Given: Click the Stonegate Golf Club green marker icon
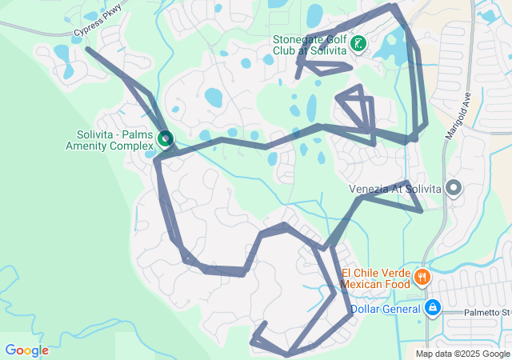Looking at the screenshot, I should coord(359,44).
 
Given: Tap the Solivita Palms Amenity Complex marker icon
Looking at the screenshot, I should coord(166,139).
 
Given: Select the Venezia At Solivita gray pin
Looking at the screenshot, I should coord(454,188).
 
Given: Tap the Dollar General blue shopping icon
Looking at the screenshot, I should coord(432,307).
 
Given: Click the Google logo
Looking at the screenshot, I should coord(26,350).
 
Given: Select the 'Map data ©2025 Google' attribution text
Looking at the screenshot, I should coord(462,354).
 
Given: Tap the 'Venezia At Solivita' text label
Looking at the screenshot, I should coord(395,189).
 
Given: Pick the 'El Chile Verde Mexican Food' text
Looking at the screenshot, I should coord(376,278).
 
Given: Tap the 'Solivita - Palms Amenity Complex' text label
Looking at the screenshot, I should coord(110,140).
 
